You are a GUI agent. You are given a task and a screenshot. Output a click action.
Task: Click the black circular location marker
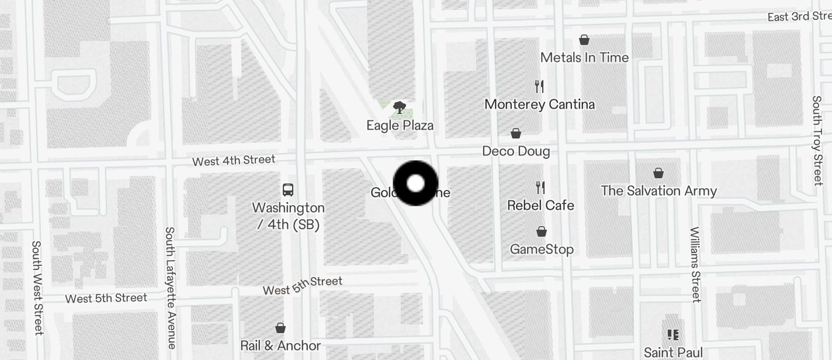click(x=415, y=184)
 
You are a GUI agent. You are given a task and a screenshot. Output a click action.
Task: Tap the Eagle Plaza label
click(x=400, y=125)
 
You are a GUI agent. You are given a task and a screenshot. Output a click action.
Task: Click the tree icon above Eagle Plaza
click(x=400, y=107)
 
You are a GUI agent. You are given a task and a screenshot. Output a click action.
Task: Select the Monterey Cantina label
click(x=539, y=105)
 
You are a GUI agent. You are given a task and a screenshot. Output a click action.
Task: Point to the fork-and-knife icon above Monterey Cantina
click(x=539, y=86)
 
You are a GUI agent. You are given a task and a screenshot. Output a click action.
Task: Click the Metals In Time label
click(x=584, y=57)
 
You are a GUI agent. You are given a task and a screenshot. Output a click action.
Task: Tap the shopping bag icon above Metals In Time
click(x=584, y=40)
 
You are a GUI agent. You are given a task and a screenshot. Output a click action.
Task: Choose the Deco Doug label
click(x=516, y=151)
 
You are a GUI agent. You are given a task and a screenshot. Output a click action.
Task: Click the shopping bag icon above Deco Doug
click(x=516, y=133)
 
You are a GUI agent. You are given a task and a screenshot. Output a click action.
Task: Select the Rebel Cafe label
click(x=540, y=205)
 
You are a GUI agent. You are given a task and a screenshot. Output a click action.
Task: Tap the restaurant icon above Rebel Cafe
click(x=540, y=187)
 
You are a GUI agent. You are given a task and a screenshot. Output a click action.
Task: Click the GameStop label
click(x=542, y=250)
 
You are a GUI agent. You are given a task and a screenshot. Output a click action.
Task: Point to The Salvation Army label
click(x=658, y=191)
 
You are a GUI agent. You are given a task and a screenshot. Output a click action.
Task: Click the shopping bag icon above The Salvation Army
click(x=658, y=173)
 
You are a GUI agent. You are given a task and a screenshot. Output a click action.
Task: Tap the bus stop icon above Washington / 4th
click(x=288, y=189)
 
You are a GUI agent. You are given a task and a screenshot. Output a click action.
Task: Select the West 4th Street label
click(x=234, y=160)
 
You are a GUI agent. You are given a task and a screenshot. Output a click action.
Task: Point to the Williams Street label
click(x=695, y=264)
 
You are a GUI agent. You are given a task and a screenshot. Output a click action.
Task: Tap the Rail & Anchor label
click(x=280, y=345)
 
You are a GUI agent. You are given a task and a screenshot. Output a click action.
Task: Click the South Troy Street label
click(x=817, y=140)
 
